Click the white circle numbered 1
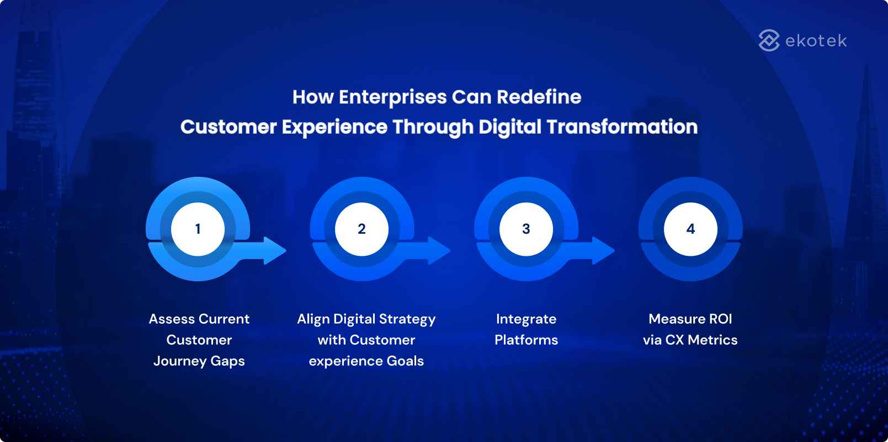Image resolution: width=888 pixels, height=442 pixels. coord(198,229)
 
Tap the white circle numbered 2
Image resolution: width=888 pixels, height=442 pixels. coord(361,229)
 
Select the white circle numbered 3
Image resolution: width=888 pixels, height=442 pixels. coord(526,229)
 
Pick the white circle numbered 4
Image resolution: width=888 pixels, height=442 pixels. coord(690,229)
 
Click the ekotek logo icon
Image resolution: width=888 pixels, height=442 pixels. coord(769,40)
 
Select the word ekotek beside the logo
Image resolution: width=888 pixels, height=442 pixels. coord(816,41)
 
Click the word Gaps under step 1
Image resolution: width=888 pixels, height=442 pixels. coord(227,361)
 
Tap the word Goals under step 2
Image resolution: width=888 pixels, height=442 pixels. coord(405,361)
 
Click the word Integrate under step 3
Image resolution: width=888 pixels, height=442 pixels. coord(526,319)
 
